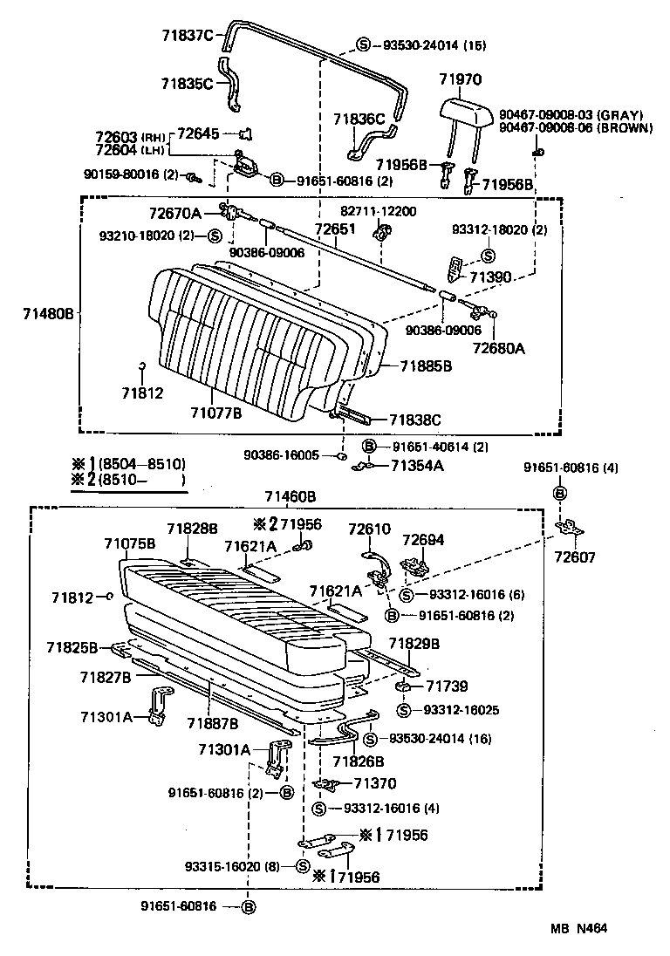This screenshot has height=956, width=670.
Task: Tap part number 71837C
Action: click(x=187, y=35)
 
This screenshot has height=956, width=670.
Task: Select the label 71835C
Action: click(x=187, y=84)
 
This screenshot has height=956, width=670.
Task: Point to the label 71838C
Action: click(x=415, y=420)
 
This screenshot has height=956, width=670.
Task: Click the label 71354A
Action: click(x=417, y=466)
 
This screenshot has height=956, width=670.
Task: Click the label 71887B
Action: click(x=212, y=723)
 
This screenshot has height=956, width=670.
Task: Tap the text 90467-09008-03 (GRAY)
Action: click(x=571, y=115)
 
